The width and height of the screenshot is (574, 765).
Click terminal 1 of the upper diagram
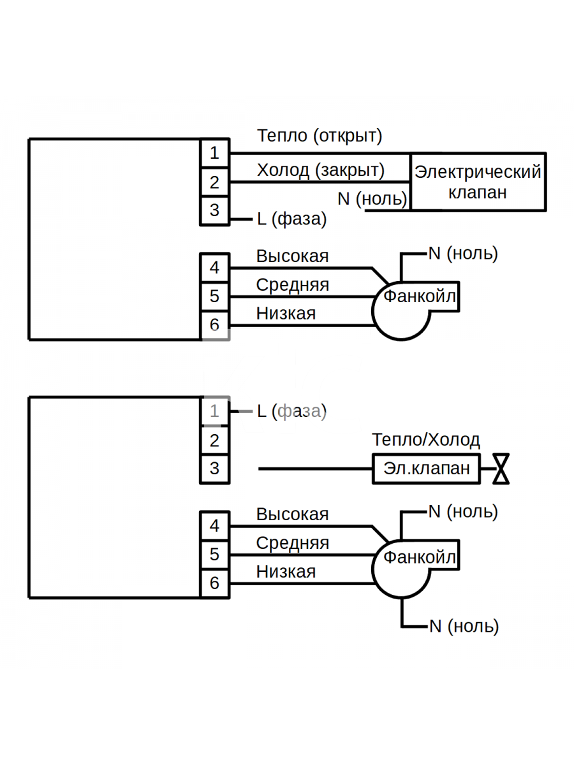click(215, 153)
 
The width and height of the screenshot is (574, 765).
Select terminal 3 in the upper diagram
click(215, 210)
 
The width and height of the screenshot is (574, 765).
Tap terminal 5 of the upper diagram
click(215, 296)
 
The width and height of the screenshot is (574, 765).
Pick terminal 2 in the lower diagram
click(215, 441)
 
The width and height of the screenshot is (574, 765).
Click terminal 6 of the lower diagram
click(215, 583)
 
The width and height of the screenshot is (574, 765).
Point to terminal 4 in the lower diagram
click(215, 526)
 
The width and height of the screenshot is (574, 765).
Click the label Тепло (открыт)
click(320, 136)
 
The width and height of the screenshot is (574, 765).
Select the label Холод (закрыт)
click(321, 170)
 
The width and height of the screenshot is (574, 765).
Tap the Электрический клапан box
click(478, 182)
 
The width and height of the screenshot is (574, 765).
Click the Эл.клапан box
click(426, 469)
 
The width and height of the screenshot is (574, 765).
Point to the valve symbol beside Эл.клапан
click(501, 469)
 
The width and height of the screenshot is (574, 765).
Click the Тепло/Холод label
click(426, 440)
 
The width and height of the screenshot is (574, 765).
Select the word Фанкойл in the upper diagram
click(420, 296)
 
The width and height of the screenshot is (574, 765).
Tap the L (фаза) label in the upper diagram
click(291, 219)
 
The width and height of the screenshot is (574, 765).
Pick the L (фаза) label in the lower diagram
click(291, 411)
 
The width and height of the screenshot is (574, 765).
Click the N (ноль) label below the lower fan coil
click(464, 626)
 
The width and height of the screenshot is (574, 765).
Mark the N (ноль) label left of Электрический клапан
click(372, 199)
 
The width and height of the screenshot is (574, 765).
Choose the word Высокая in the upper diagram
click(292, 256)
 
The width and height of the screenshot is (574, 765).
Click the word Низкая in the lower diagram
click(286, 572)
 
